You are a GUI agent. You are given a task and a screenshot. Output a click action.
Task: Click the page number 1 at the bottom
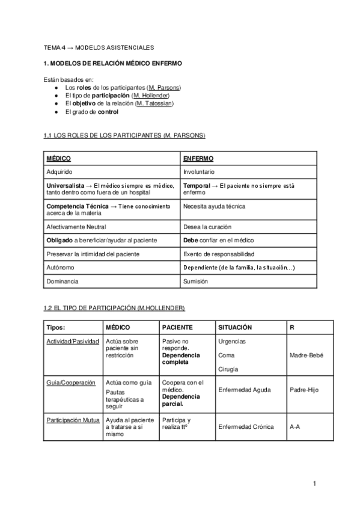(x=314, y=483)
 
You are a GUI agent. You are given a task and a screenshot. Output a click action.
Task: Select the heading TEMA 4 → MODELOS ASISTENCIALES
(x=99, y=47)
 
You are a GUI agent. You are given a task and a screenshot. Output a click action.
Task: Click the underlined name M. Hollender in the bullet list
(x=151, y=96)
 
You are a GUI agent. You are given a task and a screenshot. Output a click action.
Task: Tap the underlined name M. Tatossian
(x=154, y=103)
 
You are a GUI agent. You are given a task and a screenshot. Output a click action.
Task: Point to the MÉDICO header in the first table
(x=59, y=158)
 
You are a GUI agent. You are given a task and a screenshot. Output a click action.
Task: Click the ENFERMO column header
(x=198, y=158)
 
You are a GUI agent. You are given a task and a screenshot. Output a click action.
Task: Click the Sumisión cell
(x=196, y=281)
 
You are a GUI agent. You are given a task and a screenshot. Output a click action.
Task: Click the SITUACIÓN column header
(x=235, y=328)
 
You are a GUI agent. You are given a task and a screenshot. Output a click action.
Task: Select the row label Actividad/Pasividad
(x=72, y=342)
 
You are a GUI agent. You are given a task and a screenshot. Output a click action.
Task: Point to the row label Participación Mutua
(x=73, y=420)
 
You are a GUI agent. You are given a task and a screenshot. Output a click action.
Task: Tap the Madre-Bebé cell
(x=307, y=355)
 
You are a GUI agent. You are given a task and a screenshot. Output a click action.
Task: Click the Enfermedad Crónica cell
(x=246, y=427)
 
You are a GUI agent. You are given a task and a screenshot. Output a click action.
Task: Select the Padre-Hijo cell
(x=304, y=390)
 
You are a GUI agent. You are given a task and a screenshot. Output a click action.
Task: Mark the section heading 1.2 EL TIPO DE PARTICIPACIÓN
(x=114, y=308)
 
